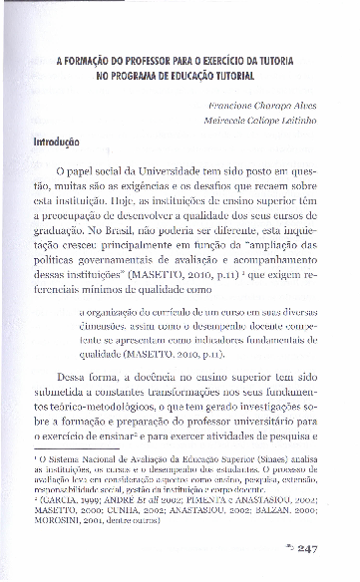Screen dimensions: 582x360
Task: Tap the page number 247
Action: [306, 548]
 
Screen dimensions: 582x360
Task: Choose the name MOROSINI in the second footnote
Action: [67, 517]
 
